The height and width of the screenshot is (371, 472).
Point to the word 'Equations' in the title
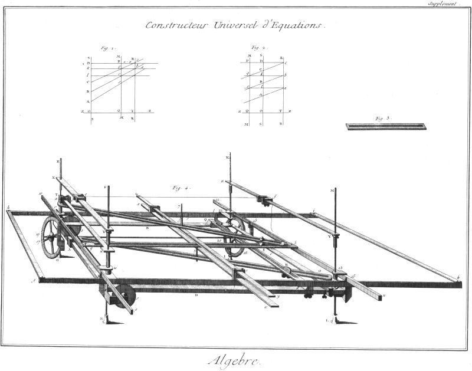click(x=295, y=25)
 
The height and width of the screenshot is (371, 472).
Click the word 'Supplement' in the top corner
click(x=444, y=4)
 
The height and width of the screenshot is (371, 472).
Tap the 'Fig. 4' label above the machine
click(x=179, y=188)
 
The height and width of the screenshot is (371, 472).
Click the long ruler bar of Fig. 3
click(x=386, y=126)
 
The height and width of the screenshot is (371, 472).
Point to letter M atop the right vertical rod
click(x=333, y=191)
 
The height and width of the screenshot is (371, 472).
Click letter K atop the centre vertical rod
click(x=228, y=158)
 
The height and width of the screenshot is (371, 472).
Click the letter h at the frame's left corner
click(x=8, y=208)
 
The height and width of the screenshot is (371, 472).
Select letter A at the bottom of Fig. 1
click(x=88, y=101)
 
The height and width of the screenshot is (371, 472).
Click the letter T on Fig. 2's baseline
click(x=280, y=111)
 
